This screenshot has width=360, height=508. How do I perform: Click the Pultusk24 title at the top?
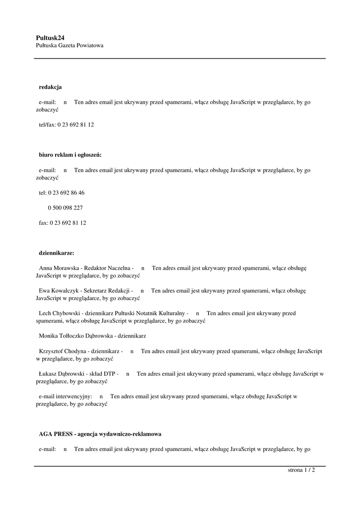pyautogui.click(x=50, y=37)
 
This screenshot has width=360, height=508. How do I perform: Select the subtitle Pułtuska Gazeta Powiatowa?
pyautogui.click(x=70, y=45)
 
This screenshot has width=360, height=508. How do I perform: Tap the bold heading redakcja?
pyautogui.click(x=50, y=87)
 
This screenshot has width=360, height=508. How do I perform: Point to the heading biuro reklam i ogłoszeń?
pyautogui.click(x=70, y=155)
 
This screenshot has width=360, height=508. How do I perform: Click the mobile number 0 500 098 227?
pyautogui.click(x=65, y=208)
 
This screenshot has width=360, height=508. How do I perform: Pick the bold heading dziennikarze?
pyautogui.click(x=56, y=253)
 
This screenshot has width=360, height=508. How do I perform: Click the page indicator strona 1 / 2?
pyautogui.click(x=301, y=470)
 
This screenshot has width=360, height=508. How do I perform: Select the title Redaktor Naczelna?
pyautogui.click(x=107, y=268)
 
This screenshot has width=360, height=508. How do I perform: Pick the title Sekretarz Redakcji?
pyautogui.click(x=106, y=290)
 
